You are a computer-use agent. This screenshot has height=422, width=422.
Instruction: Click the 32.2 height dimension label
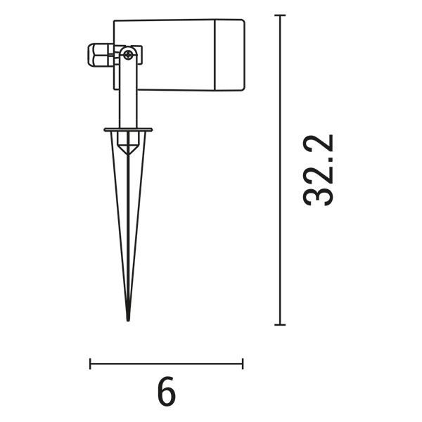(x=318, y=170)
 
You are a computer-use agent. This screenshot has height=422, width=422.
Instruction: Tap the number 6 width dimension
(x=167, y=392)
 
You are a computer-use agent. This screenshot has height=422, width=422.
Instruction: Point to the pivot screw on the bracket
(x=129, y=53)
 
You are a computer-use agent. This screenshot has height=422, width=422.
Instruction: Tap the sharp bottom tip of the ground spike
(x=128, y=318)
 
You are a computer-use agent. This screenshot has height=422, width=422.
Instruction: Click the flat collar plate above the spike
(x=128, y=129)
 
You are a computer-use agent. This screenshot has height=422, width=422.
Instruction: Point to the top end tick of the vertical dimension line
(x=281, y=15)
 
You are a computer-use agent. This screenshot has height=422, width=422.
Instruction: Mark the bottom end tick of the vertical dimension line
(x=281, y=324)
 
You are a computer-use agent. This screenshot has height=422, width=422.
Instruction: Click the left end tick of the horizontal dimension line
(x=91, y=364)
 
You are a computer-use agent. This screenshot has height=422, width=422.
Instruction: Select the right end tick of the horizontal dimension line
(x=243, y=364)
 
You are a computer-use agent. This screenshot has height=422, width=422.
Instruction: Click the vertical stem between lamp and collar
(x=127, y=98)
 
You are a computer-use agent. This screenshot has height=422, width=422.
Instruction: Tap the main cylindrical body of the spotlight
(x=169, y=55)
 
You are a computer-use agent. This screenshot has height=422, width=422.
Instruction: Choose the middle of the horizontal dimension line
(x=167, y=364)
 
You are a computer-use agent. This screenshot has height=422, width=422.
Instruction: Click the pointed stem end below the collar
(x=128, y=149)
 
